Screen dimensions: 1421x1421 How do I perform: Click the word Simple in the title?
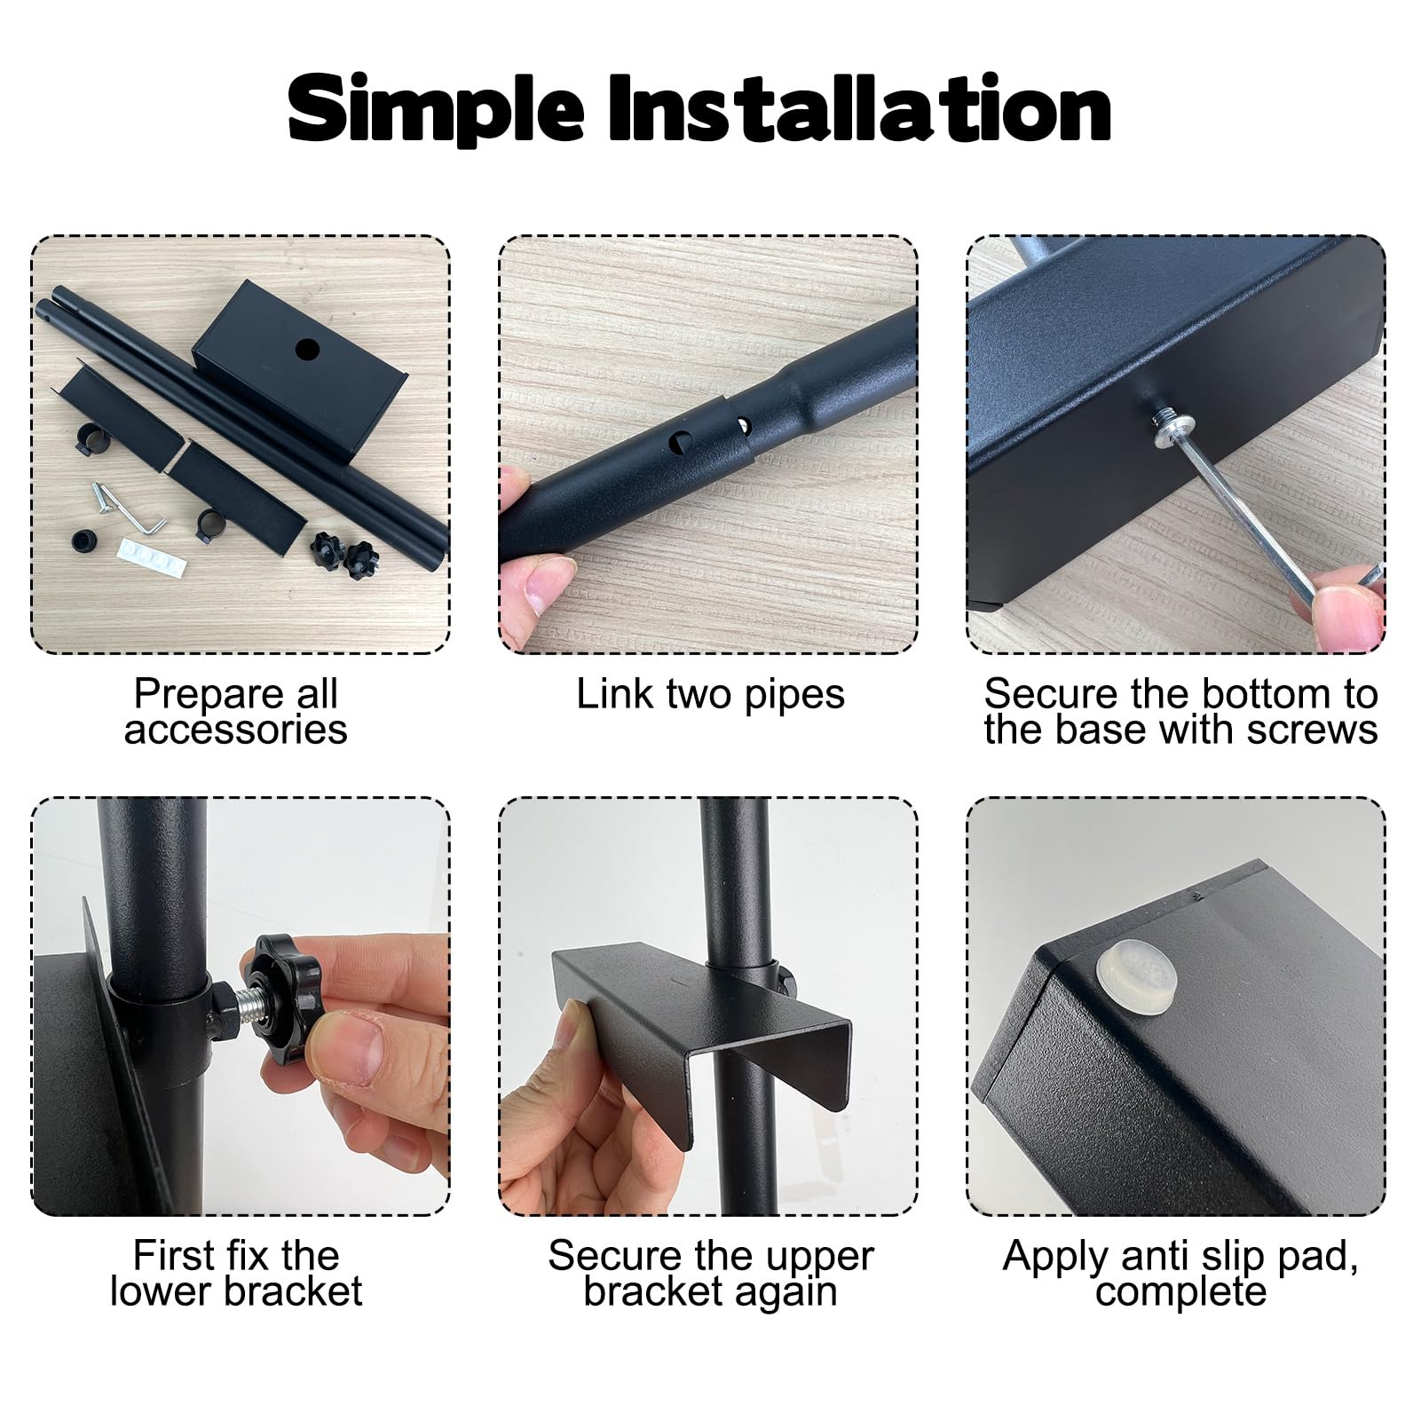(437, 110)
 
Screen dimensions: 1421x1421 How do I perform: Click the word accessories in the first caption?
(236, 730)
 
